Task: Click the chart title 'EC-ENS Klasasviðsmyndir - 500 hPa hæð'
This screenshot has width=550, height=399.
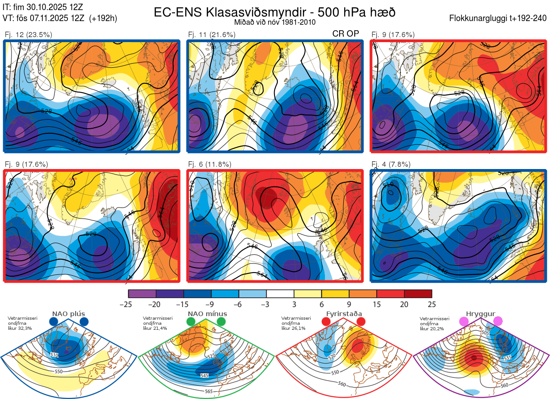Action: click(274, 12)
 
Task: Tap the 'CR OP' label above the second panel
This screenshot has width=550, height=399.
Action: click(346, 34)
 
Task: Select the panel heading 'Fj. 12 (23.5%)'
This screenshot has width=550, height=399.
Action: click(28, 34)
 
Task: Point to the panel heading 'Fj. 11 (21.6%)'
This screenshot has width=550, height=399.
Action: click(212, 34)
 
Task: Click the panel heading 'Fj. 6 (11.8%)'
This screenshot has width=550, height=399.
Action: click(210, 164)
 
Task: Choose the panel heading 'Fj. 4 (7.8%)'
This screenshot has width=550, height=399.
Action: click(391, 164)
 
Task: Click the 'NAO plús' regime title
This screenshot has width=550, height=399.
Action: click(69, 314)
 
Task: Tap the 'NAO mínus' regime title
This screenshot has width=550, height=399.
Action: click(208, 314)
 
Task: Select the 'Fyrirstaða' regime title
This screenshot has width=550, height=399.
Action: click(344, 314)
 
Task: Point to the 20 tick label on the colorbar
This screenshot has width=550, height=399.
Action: click(404, 304)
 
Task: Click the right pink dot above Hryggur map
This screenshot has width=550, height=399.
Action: click(498, 322)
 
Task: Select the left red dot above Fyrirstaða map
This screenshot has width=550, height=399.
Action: click(326, 322)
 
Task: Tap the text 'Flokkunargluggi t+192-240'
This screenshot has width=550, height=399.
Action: click(499, 18)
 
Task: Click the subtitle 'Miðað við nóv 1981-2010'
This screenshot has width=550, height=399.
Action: click(274, 22)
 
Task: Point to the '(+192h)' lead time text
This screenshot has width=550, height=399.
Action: click(103, 18)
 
